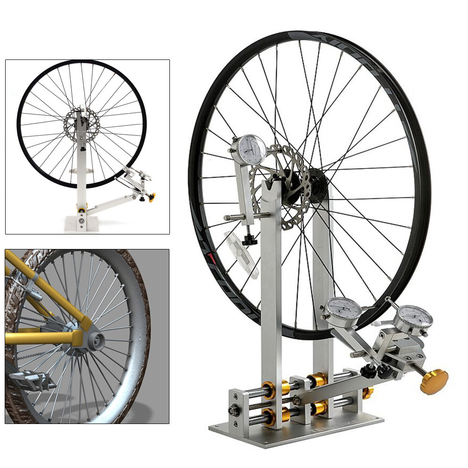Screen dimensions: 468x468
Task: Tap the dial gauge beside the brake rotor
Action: (x=251, y=149)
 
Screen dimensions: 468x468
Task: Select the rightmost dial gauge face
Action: (x=413, y=319)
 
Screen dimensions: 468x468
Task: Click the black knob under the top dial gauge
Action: (x=251, y=240)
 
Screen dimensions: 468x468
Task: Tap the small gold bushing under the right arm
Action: (x=368, y=393)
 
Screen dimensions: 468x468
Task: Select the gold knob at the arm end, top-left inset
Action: (x=152, y=196)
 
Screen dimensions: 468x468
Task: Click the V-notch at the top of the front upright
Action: (x=271, y=187)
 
